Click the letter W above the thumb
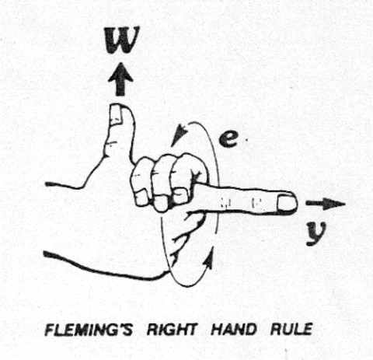121,40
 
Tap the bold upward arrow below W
120,80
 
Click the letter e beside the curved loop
228,139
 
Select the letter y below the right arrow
315,234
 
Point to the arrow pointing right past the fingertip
326,204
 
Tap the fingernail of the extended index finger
287,203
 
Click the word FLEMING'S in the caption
89,330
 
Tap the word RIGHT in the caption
172,330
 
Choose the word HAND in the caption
234,330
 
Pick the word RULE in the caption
291,330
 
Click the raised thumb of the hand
120,135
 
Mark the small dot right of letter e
247,140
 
